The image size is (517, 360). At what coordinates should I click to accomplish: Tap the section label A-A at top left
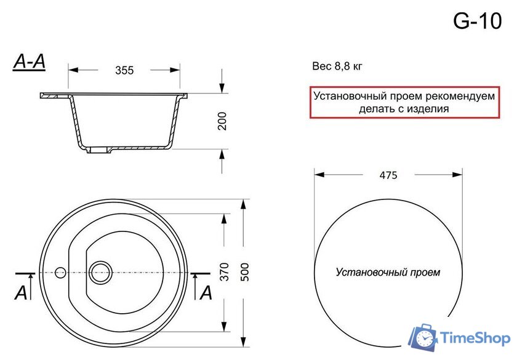pyautogui.click(x=29, y=62)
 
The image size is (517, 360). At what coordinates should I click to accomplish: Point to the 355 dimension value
pyautogui.click(x=124, y=71)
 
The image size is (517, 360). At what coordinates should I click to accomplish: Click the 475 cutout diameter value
pyautogui.click(x=388, y=175)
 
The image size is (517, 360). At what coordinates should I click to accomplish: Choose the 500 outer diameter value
pyautogui.click(x=246, y=271)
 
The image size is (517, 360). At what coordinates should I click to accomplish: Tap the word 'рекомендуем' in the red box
pyautogui.click(x=443, y=96)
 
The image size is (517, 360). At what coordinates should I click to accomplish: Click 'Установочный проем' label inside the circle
pyautogui.click(x=388, y=272)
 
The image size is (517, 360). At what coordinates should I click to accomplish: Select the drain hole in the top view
pyautogui.click(x=100, y=271)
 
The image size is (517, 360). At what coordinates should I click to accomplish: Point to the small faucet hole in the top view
pyautogui.click(x=60, y=271)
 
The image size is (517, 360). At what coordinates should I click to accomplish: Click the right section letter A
pyautogui.click(x=206, y=293)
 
